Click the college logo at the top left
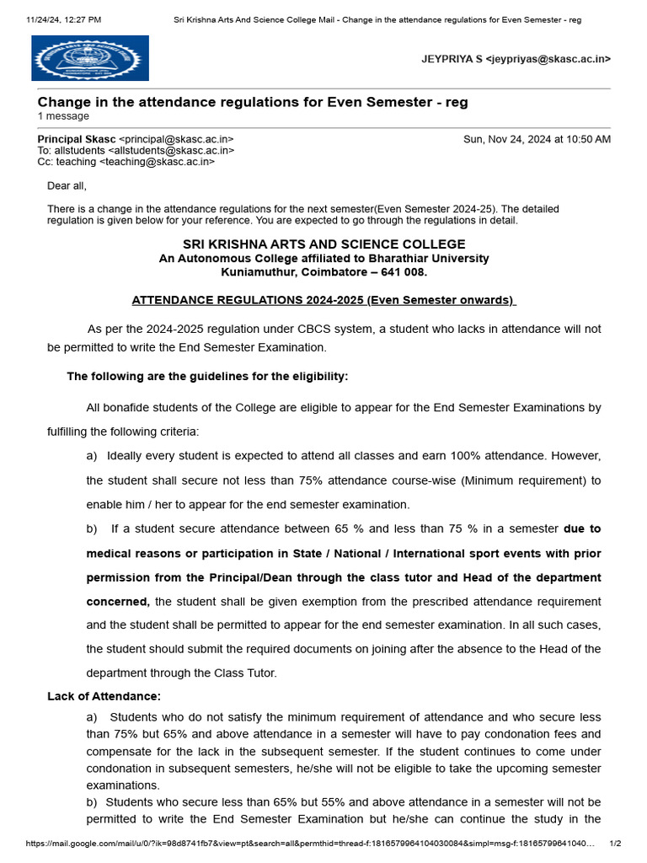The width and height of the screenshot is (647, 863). pyautogui.click(x=90, y=58)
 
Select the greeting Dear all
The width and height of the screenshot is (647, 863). pyautogui.click(x=67, y=185)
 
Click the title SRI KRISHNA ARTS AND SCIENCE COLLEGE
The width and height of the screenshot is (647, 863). pyautogui.click(x=324, y=244)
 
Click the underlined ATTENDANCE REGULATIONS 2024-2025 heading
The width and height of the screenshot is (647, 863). pyautogui.click(x=324, y=300)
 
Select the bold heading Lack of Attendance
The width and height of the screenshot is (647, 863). pyautogui.click(x=104, y=696)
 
